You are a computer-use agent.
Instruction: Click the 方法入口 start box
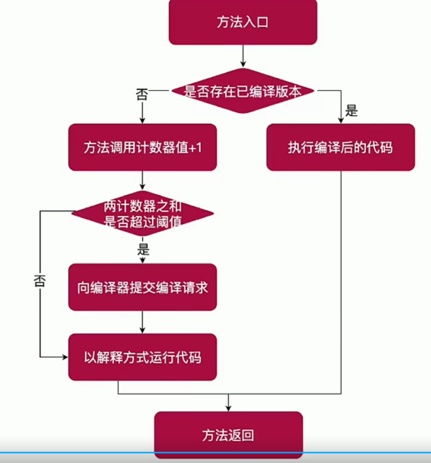(x=243, y=23)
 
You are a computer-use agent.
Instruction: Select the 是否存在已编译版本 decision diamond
(x=243, y=91)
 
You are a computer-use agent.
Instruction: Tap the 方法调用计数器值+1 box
(x=143, y=148)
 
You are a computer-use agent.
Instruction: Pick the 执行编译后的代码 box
(x=340, y=148)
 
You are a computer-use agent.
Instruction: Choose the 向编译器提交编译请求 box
(x=143, y=287)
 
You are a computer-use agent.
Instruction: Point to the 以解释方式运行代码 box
(x=143, y=357)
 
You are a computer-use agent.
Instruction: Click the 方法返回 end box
(x=228, y=435)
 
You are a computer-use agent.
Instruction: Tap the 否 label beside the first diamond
(x=143, y=94)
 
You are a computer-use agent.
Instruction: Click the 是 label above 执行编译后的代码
(x=351, y=111)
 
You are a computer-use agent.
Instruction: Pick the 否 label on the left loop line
(x=40, y=281)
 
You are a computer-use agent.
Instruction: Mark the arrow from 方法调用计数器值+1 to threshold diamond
(x=143, y=180)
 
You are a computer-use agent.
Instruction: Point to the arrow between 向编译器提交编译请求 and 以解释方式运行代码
(x=143, y=322)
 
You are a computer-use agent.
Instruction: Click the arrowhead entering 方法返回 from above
(x=228, y=408)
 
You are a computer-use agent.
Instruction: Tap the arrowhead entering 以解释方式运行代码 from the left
(x=64, y=357)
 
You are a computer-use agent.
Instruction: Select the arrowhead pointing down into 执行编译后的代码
(x=340, y=120)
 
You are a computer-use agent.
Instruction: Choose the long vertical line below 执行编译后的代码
(x=341, y=279)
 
